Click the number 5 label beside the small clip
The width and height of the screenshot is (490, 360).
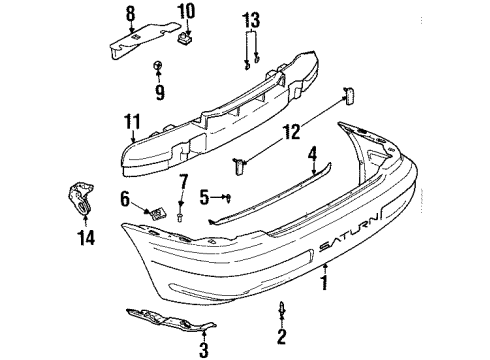click(x=204, y=196)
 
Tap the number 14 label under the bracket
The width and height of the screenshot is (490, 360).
click(x=83, y=239)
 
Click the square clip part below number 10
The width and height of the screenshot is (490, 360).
click(x=184, y=41)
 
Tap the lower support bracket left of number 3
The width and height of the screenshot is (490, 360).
click(x=165, y=319)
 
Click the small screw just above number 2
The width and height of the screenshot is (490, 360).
click(x=282, y=311)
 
